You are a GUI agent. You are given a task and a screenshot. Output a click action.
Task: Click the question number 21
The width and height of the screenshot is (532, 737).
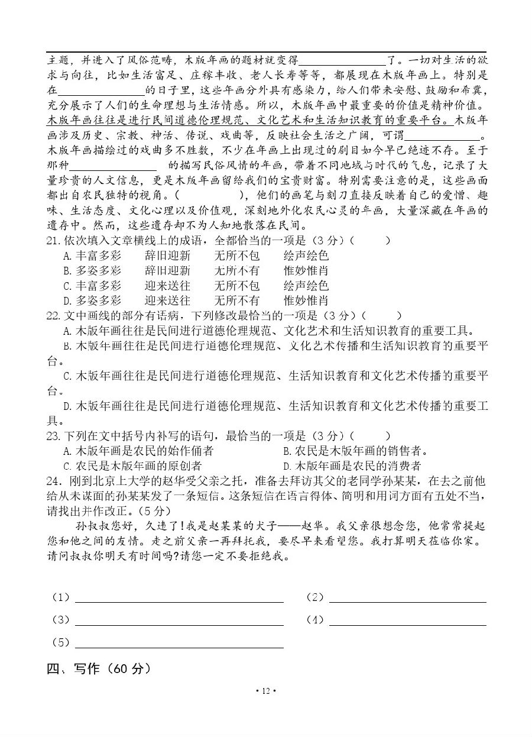pos(53,241)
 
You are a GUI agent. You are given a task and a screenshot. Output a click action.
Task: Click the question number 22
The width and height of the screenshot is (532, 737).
pos(53,316)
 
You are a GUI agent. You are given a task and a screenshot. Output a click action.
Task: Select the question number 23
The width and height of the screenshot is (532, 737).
pos(53,436)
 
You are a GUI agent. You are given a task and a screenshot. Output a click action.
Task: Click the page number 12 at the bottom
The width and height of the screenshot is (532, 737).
pos(265,691)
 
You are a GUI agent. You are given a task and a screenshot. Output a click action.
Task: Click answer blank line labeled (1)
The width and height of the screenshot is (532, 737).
pos(179,599)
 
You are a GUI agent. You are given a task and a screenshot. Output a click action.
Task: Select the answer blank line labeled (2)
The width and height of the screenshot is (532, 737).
pos(407,599)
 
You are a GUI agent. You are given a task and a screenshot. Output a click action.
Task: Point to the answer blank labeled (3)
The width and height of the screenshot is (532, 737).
pos(179,621)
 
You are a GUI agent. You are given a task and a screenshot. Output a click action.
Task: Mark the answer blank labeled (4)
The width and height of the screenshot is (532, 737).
pos(407,621)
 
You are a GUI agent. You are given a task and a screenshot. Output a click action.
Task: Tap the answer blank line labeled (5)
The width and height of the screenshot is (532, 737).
pos(179,644)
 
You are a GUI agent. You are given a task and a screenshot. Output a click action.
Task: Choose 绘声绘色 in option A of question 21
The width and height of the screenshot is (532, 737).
pos(306,256)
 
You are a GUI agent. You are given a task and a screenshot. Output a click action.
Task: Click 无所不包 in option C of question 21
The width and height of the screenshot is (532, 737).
pos(236,286)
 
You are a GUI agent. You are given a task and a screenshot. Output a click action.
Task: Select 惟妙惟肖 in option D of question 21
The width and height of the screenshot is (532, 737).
pos(306,300)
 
